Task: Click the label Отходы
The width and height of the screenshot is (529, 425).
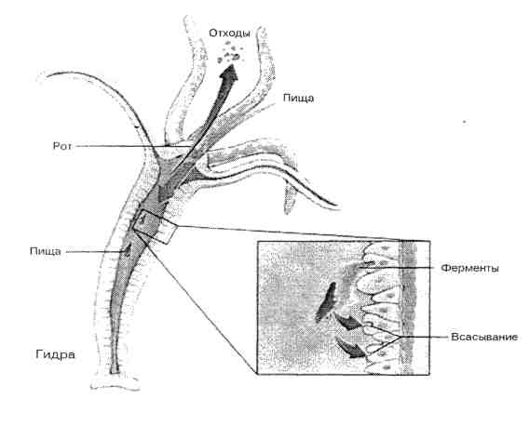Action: pyautogui.click(x=229, y=33)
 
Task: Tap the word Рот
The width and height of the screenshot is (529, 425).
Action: pyautogui.click(x=62, y=146)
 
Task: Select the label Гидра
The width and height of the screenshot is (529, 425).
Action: pyautogui.click(x=55, y=354)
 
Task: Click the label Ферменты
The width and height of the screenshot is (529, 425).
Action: pyautogui.click(x=470, y=269)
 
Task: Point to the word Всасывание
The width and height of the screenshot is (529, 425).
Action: pyautogui.click(x=484, y=337)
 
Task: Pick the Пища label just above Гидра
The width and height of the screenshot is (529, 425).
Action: pyautogui.click(x=46, y=252)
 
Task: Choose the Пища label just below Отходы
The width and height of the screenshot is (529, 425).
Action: pyautogui.click(x=298, y=99)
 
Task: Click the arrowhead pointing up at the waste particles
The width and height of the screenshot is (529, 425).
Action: pyautogui.click(x=230, y=73)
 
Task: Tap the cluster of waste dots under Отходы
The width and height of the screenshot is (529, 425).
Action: pyautogui.click(x=231, y=52)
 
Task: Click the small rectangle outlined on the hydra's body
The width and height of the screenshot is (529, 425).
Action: pyautogui.click(x=155, y=226)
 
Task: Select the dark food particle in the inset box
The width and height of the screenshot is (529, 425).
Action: pyautogui.click(x=327, y=301)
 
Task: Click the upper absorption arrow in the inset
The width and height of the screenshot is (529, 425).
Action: pyautogui.click(x=349, y=323)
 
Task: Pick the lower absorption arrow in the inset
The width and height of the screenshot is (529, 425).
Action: pyautogui.click(x=351, y=349)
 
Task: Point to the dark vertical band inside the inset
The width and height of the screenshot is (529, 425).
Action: pyautogui.click(x=408, y=308)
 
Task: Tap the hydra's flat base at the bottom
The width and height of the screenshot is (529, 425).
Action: pyautogui.click(x=115, y=384)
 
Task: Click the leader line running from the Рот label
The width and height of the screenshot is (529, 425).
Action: pyautogui.click(x=132, y=146)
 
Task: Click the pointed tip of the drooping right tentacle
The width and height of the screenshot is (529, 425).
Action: pyautogui.click(x=337, y=204)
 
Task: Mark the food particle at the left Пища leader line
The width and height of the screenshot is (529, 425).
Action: pyautogui.click(x=128, y=249)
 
